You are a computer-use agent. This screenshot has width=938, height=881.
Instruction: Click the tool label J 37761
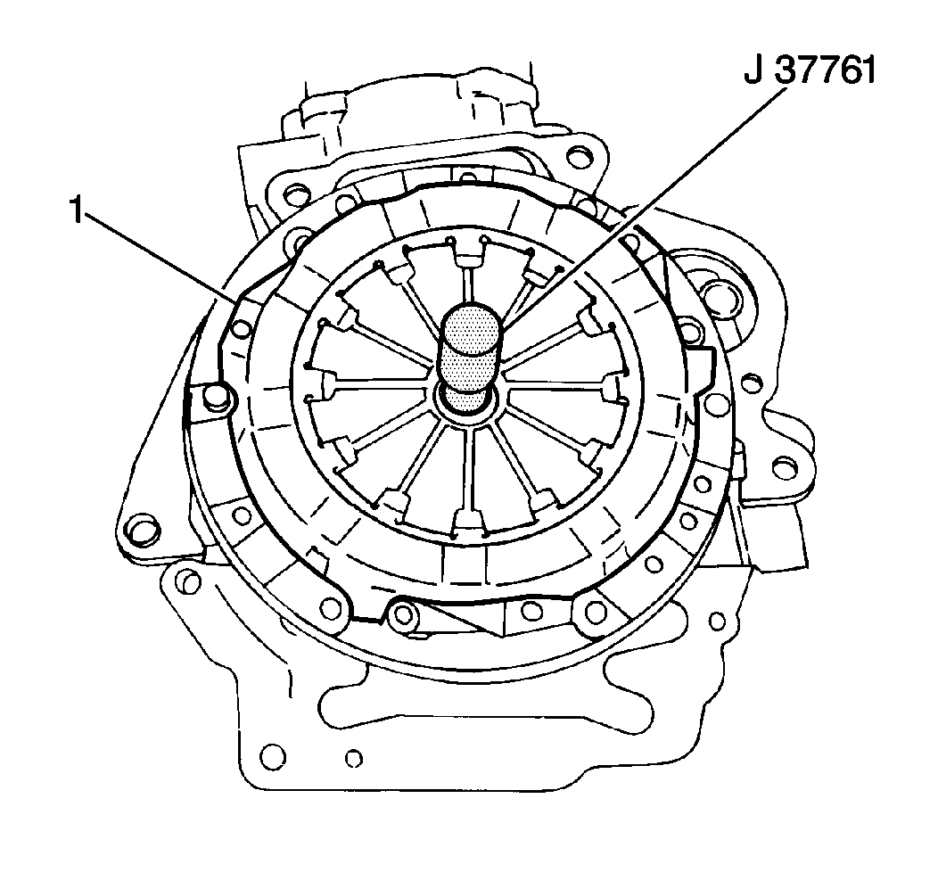pos(810,72)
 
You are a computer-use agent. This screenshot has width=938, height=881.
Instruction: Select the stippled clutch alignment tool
pos(470,358)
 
